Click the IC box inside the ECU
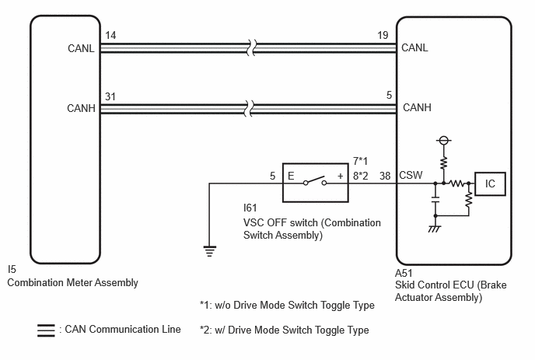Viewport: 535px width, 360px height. tap(490, 184)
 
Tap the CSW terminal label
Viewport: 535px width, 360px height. tap(411, 175)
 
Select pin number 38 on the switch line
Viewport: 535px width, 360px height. tap(385, 176)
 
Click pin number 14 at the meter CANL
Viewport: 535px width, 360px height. tap(110, 35)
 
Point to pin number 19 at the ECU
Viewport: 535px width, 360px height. tap(383, 35)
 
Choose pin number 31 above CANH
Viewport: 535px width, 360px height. tap(110, 96)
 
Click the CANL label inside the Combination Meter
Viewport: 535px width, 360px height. tap(81, 48)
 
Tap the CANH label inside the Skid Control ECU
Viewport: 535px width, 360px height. tap(417, 107)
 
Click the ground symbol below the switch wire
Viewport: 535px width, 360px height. tap(209, 251)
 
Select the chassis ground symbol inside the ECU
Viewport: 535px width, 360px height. tap(435, 229)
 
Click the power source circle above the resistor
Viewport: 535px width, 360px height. tap(443, 140)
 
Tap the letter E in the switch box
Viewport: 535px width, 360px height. tap(291, 176)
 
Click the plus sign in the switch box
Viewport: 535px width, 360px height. tap(340, 176)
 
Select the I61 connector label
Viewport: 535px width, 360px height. tap(250, 208)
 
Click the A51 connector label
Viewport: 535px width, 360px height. tap(404, 273)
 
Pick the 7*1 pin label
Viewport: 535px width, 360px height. tap(360, 161)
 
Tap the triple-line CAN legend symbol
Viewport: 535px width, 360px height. tap(46, 330)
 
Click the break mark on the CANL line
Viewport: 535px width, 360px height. tap(251, 47)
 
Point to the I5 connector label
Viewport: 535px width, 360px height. tap(12, 269)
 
